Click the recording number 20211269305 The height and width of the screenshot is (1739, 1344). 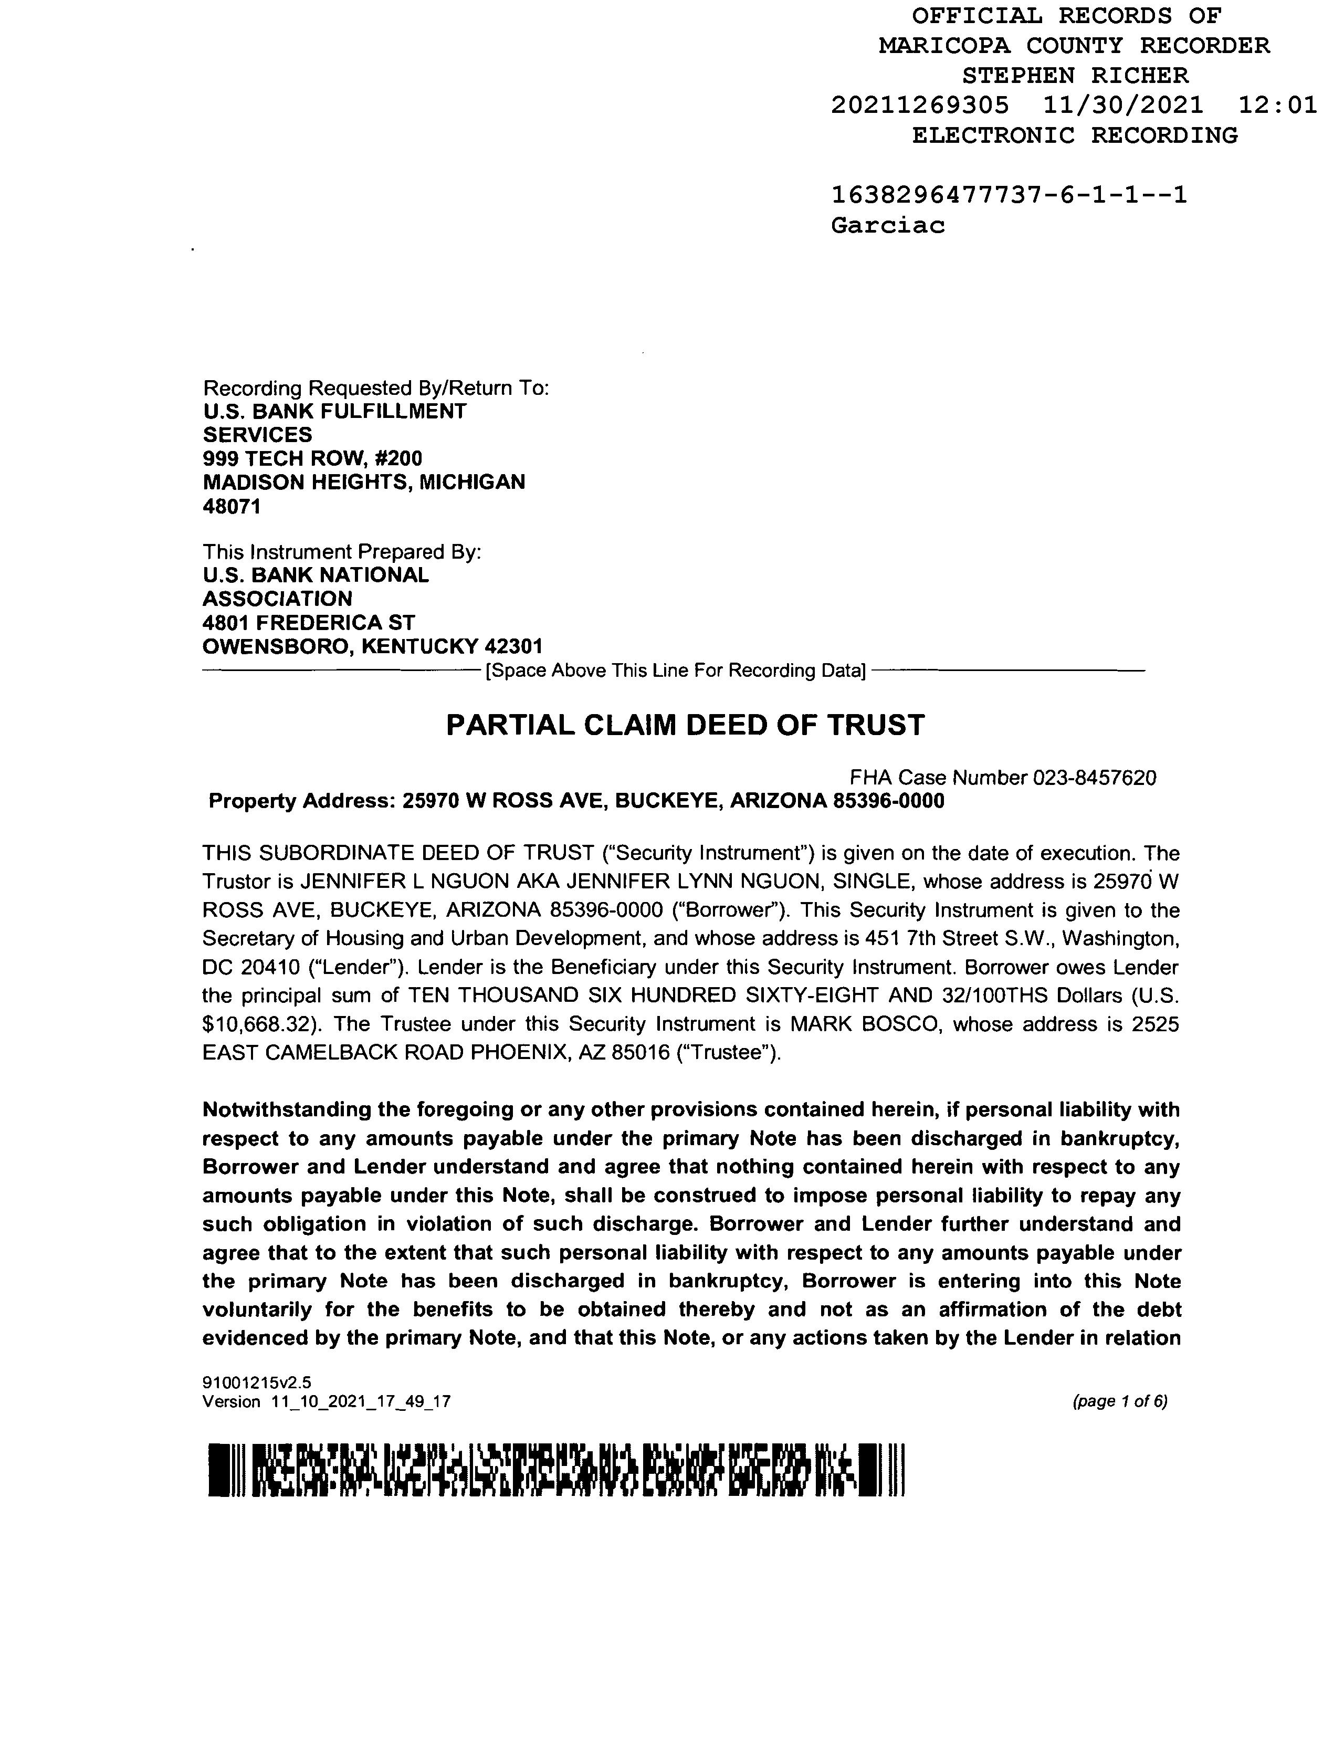click(x=920, y=105)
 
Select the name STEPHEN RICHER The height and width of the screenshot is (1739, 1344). click(x=1075, y=76)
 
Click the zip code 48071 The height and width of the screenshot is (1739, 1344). click(x=232, y=506)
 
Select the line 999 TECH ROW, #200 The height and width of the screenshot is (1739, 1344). click(x=312, y=458)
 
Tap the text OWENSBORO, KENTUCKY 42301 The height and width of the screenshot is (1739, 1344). click(x=372, y=646)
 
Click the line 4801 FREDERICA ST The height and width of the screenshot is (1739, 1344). click(x=308, y=623)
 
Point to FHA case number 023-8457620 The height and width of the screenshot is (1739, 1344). click(x=1094, y=778)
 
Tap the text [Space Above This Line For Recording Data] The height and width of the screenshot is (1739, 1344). click(x=675, y=671)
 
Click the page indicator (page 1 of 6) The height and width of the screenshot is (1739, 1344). click(x=1119, y=1423)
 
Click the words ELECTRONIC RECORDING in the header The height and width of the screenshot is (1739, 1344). click(x=1075, y=135)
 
